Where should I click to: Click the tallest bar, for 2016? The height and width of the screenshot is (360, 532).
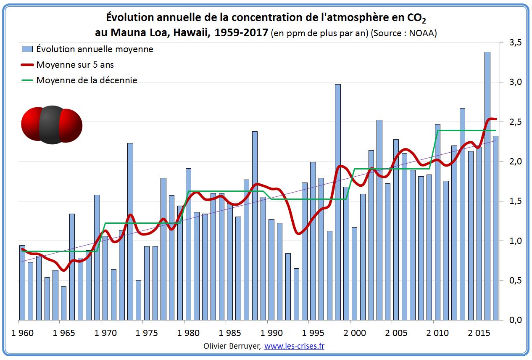pyautogui.click(x=487, y=185)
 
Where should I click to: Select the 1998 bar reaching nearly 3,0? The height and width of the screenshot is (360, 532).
pyautogui.click(x=338, y=202)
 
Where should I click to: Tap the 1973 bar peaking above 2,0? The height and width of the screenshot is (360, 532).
pyautogui.click(x=130, y=231)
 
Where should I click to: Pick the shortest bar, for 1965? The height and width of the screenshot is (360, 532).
pyautogui.click(x=64, y=303)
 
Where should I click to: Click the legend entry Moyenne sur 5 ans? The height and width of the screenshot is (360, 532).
pyautogui.click(x=75, y=65)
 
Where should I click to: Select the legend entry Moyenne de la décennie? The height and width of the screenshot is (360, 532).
pyautogui.click(x=87, y=80)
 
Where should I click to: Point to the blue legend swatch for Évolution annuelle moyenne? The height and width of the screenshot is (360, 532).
pyautogui.click(x=27, y=49)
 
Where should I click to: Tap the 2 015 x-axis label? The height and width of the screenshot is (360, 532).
pyautogui.click(x=479, y=333)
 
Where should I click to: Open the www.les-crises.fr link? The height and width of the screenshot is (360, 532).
pyautogui.click(x=294, y=346)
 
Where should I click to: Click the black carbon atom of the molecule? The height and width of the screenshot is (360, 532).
pyautogui.click(x=52, y=125)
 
